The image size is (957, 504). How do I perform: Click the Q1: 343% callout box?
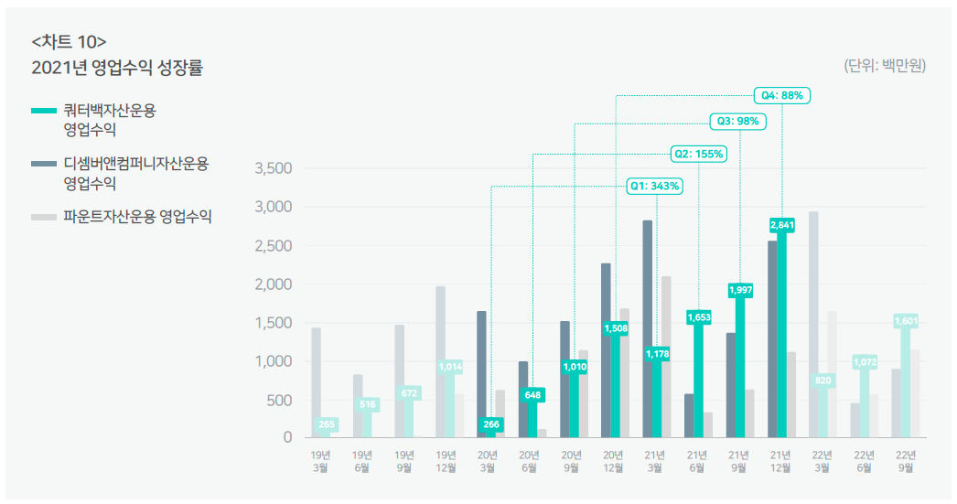(x=654, y=187)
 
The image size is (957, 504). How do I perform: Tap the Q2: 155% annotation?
(x=698, y=154)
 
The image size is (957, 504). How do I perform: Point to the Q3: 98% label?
(x=737, y=121)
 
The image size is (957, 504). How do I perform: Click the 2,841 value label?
(x=781, y=225)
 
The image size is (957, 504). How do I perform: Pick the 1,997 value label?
(x=740, y=290)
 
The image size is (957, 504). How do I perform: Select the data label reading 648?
(x=532, y=395)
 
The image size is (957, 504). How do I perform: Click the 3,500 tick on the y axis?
(x=272, y=168)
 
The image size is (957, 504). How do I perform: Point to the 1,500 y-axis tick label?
(x=272, y=323)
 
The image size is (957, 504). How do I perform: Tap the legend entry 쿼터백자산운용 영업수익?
(x=109, y=119)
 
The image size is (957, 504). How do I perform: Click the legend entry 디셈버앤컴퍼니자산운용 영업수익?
(x=135, y=173)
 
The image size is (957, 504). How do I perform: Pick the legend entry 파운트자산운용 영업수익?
(x=137, y=218)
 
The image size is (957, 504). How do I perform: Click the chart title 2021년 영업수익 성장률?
(x=117, y=68)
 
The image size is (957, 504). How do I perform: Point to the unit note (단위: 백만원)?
(x=884, y=65)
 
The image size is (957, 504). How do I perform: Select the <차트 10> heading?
(x=69, y=41)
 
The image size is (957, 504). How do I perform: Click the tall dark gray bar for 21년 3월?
(x=648, y=328)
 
